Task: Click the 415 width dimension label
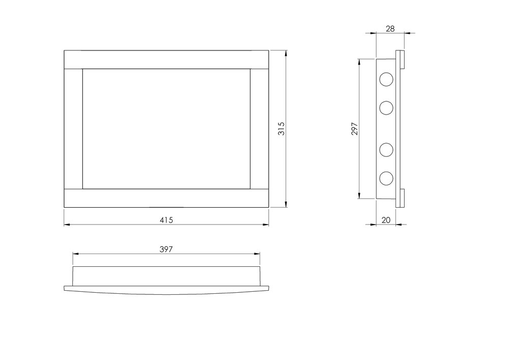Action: point(166,220)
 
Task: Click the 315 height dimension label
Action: point(281,128)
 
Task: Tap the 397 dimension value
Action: point(166,250)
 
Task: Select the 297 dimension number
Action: point(354,128)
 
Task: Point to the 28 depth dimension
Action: point(390,29)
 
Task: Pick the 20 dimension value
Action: point(386,220)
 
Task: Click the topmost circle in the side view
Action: point(386,79)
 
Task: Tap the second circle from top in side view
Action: point(386,108)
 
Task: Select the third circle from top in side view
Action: point(386,150)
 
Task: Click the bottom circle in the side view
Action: point(386,178)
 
